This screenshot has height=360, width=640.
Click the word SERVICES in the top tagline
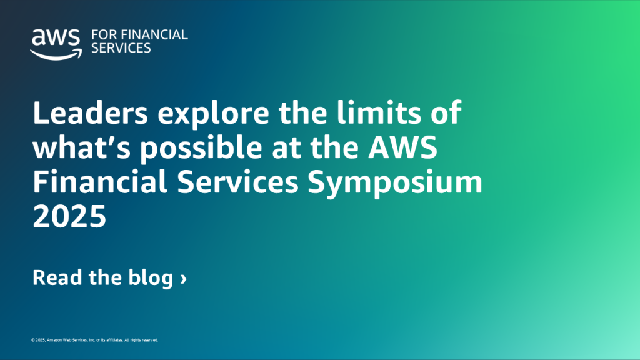click(x=121, y=48)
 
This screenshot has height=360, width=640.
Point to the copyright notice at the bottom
click(x=94, y=341)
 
